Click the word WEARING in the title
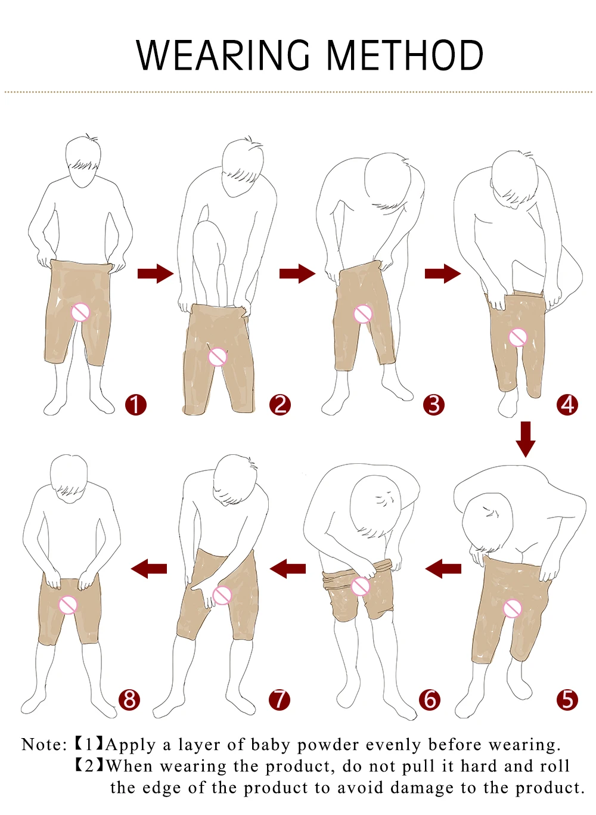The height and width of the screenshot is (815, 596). [223, 55]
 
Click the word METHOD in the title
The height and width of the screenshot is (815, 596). [405, 55]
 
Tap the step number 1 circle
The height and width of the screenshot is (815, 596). [135, 405]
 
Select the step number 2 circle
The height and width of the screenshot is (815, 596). [280, 405]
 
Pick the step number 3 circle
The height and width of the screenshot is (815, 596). [434, 405]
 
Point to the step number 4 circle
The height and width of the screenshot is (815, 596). [567, 405]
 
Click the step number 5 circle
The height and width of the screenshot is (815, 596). [567, 699]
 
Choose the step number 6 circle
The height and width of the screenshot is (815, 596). [430, 699]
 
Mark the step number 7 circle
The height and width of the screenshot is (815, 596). [280, 699]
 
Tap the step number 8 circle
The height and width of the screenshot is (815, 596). [129, 699]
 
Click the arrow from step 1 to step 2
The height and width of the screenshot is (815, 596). [155, 274]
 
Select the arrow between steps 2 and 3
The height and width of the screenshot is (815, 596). [297, 274]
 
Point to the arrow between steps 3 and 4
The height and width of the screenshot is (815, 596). [442, 274]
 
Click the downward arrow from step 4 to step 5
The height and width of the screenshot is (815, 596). [525, 439]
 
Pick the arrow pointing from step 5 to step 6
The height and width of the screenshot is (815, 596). [443, 568]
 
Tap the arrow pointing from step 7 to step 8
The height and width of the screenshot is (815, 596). [149, 568]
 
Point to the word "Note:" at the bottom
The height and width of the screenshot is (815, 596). [44, 745]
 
